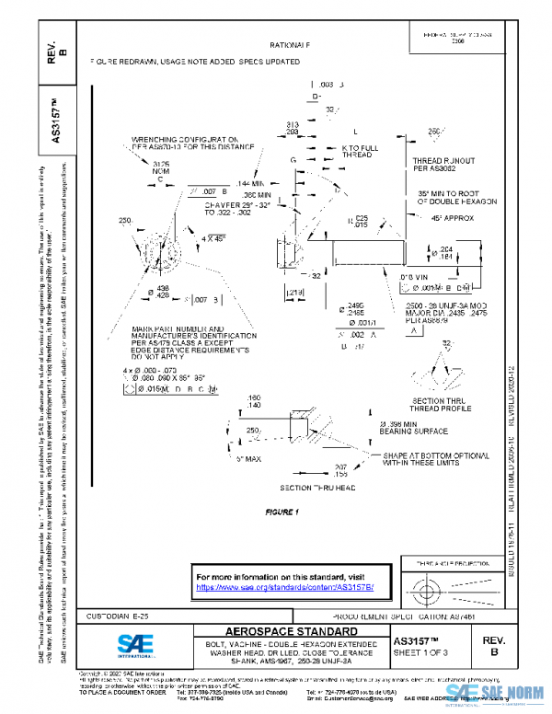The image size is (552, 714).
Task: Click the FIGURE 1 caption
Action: coord(282,511)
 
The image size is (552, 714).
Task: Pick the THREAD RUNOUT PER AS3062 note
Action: coord(443,165)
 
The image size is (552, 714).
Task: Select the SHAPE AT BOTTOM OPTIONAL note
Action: coord(431,458)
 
